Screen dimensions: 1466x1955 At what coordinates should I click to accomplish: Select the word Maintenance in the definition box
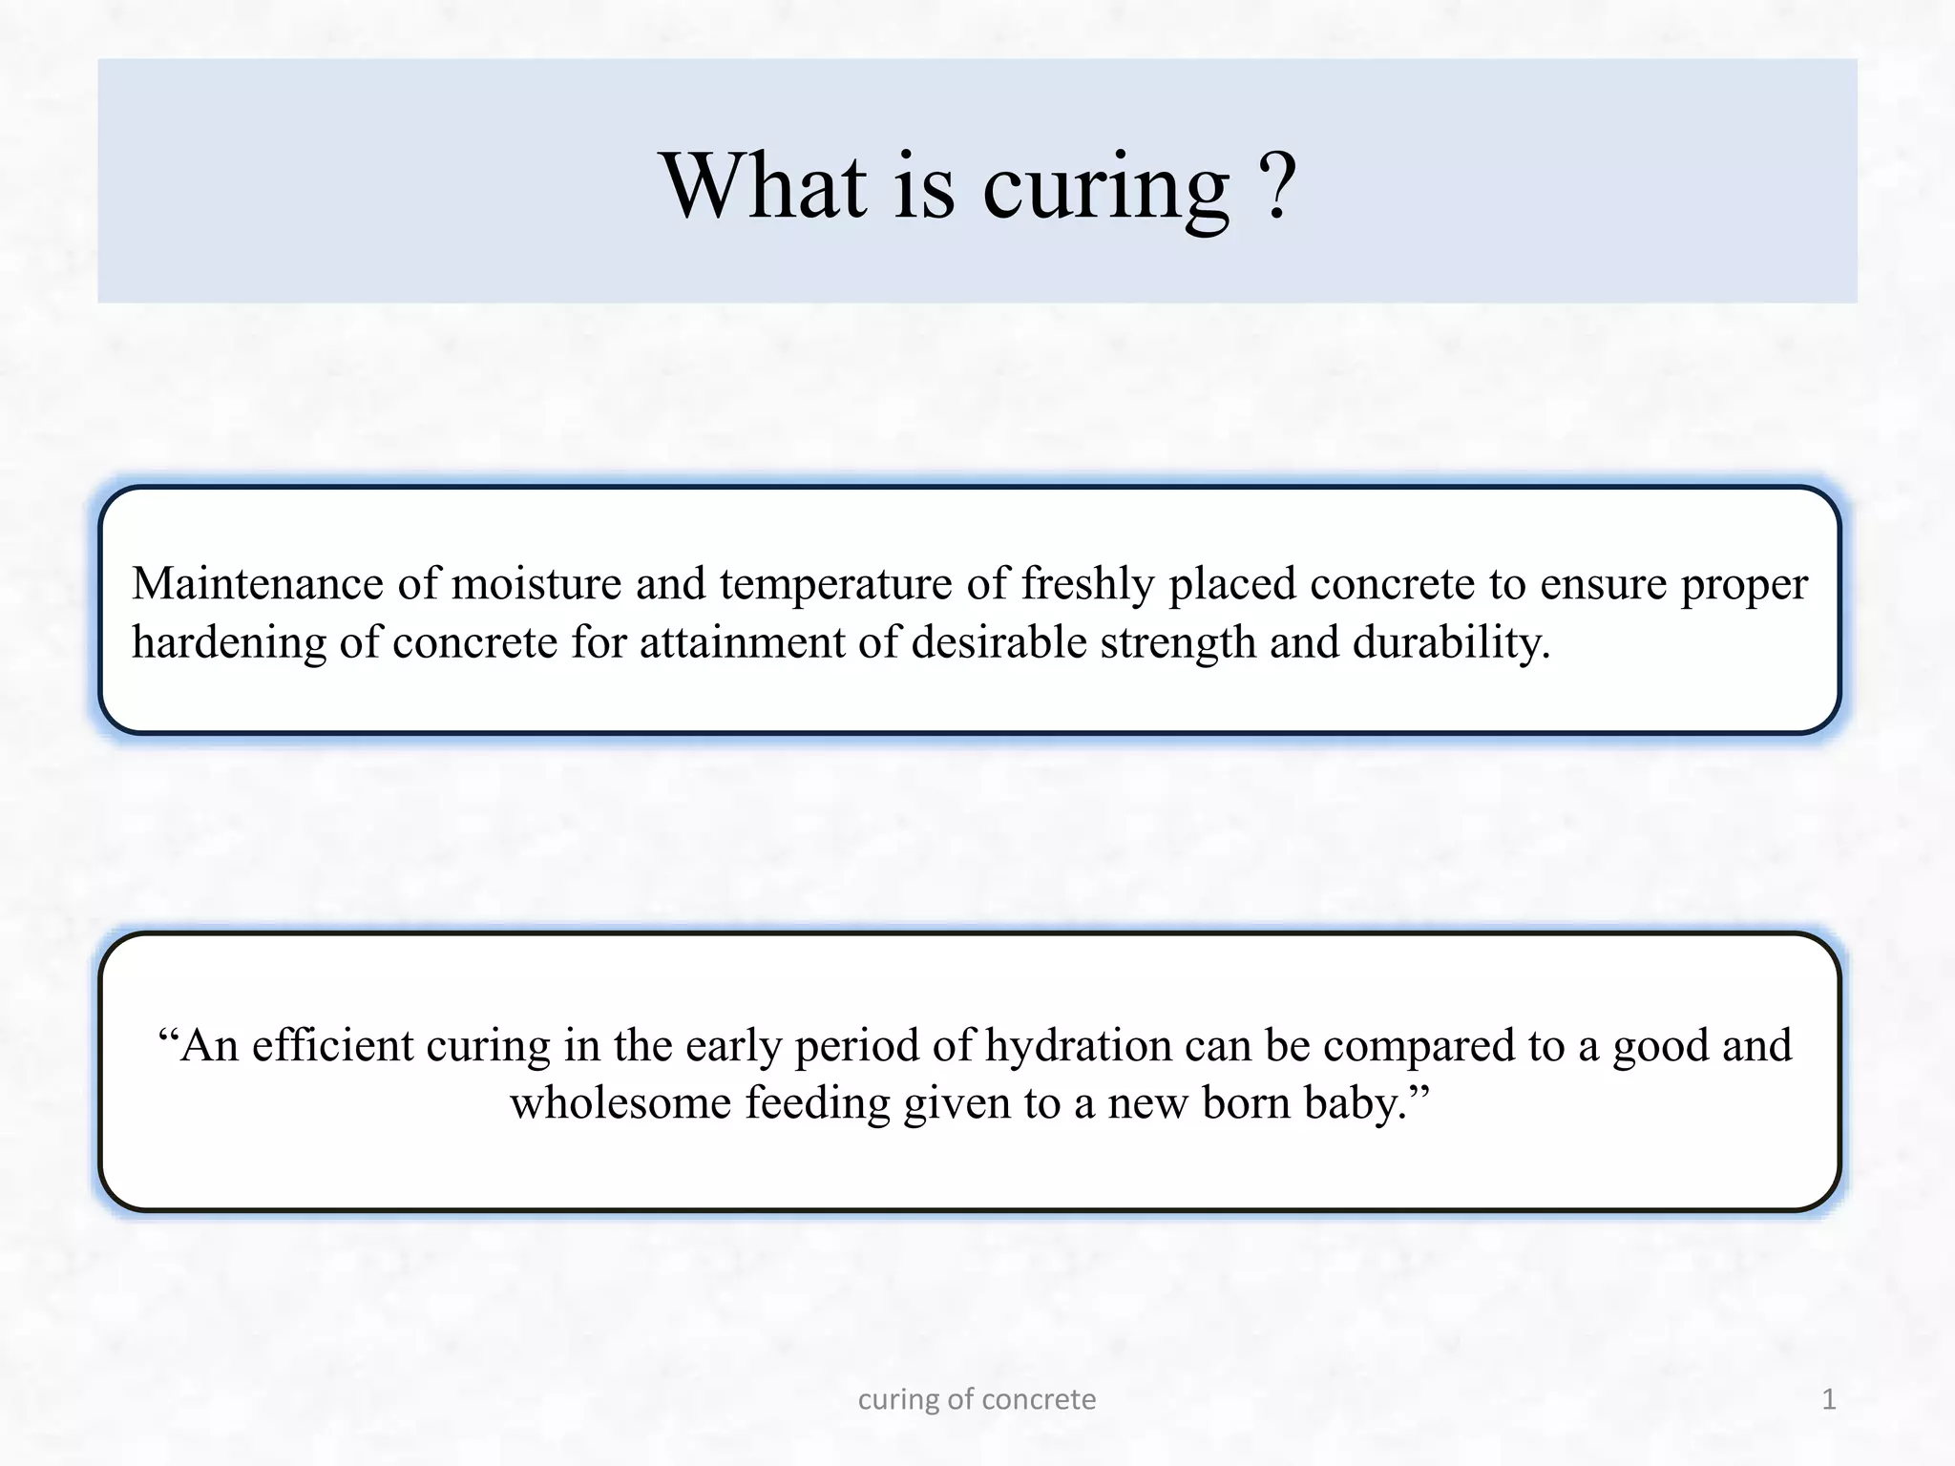tap(258, 583)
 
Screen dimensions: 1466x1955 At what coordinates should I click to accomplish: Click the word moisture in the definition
tap(536, 583)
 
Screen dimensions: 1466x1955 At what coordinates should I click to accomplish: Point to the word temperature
tap(836, 585)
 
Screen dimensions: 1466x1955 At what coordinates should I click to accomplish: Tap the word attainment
tap(742, 642)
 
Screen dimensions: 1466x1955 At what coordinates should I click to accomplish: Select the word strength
tap(1178, 642)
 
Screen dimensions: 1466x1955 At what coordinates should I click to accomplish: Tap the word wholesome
tap(620, 1103)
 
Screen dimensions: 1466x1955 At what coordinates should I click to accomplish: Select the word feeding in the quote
tap(817, 1104)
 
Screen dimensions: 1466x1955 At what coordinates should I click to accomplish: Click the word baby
tap(1367, 1104)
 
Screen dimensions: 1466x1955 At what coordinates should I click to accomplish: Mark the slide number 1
tap(1829, 1399)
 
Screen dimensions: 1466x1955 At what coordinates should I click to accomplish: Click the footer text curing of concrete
tap(977, 1399)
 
